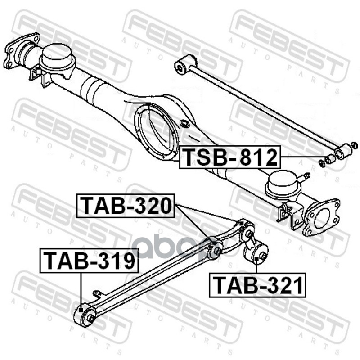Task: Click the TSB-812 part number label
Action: [x=229, y=157]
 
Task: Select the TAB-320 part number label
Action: [x=126, y=206]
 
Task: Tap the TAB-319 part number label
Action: [x=89, y=261]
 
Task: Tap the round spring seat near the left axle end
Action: [x=57, y=56]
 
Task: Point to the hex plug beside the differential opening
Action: [x=184, y=124]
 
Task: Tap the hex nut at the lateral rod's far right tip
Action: [x=354, y=145]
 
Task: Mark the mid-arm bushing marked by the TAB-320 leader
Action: [x=215, y=247]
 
